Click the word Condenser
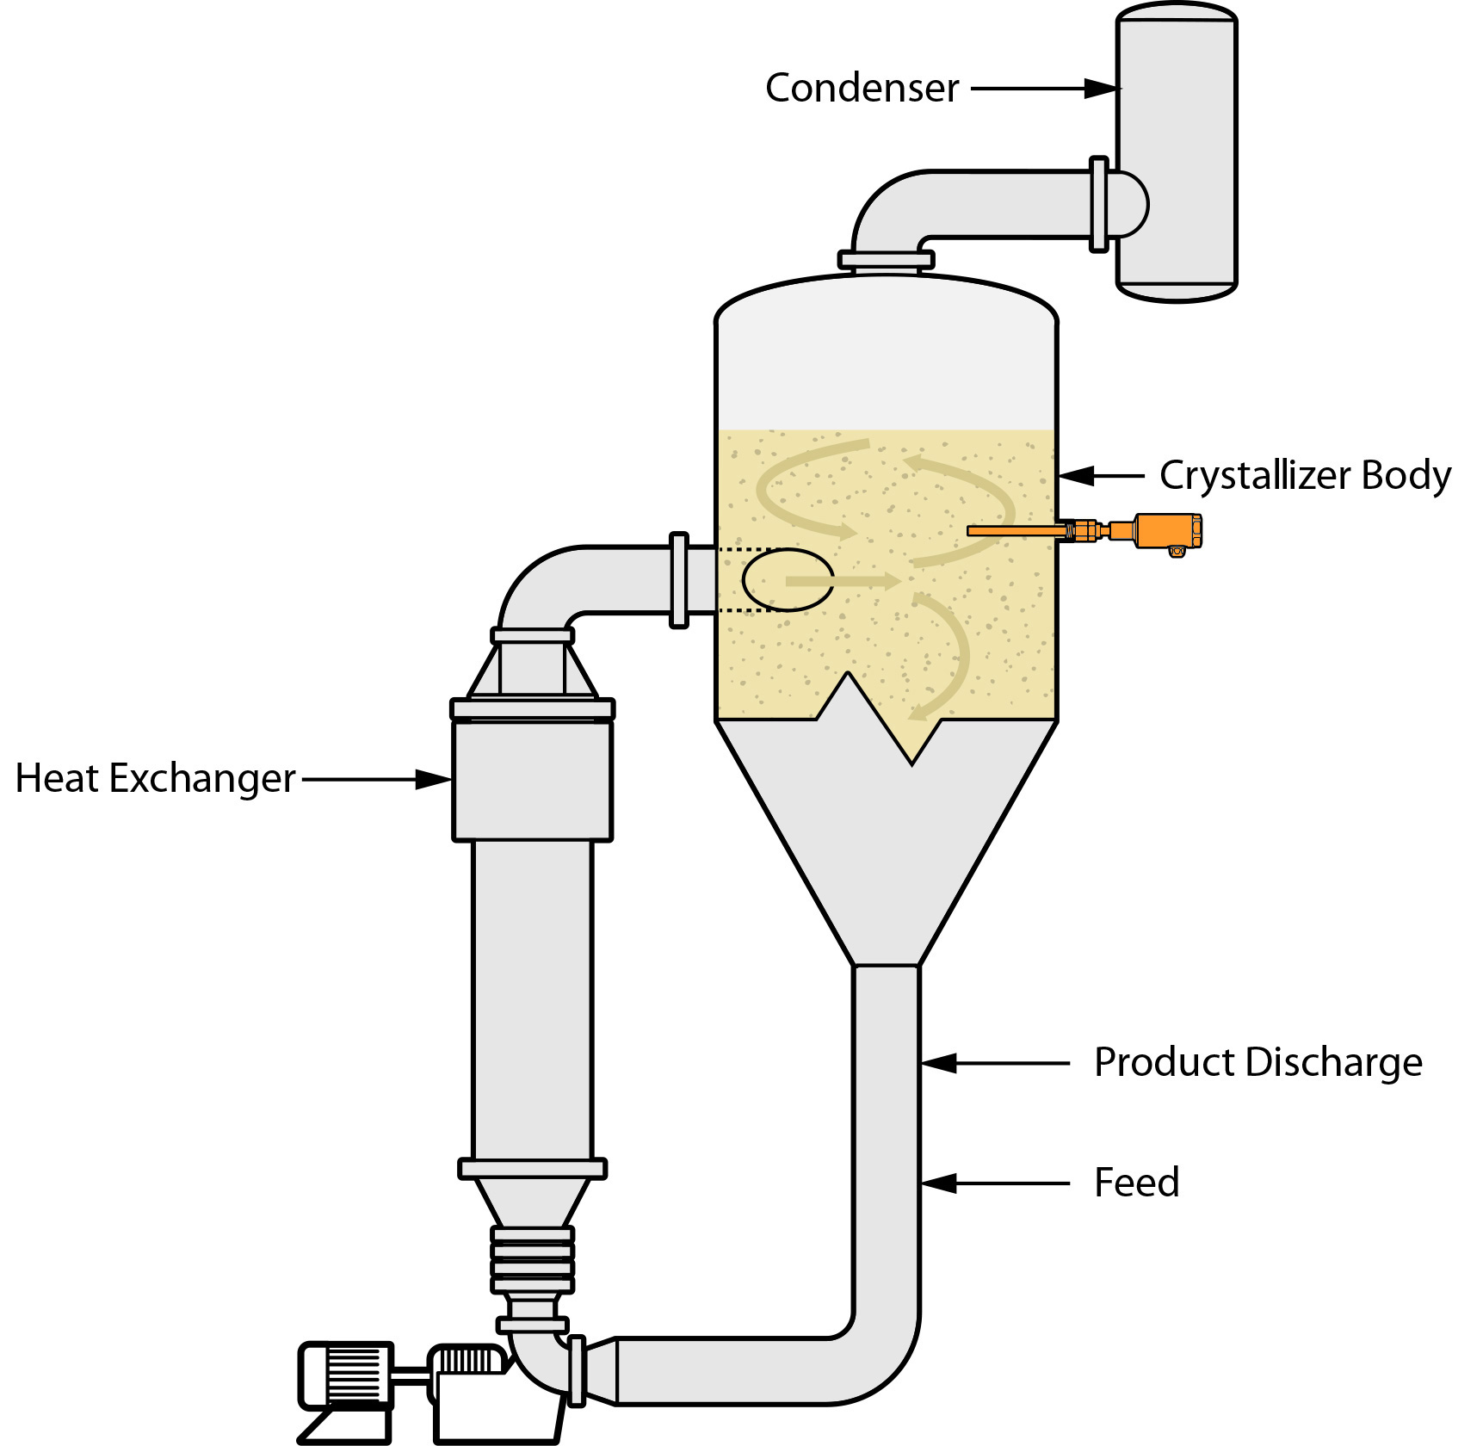(x=862, y=88)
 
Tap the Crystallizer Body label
(x=1304, y=475)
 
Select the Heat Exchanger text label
(x=156, y=778)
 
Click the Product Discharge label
(x=1257, y=1062)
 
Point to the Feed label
(x=1136, y=1183)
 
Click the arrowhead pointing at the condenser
(x=1102, y=88)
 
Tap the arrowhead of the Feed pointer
(x=939, y=1183)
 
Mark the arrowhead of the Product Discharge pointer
(x=939, y=1063)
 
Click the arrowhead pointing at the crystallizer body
(x=1077, y=476)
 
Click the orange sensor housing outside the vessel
(x=1166, y=530)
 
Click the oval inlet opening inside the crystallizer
(x=788, y=579)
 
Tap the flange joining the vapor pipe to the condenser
(x=1098, y=204)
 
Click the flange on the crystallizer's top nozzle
(x=886, y=259)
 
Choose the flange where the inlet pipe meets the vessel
(x=679, y=579)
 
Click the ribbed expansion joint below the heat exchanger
(x=532, y=1259)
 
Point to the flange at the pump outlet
(x=578, y=1370)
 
